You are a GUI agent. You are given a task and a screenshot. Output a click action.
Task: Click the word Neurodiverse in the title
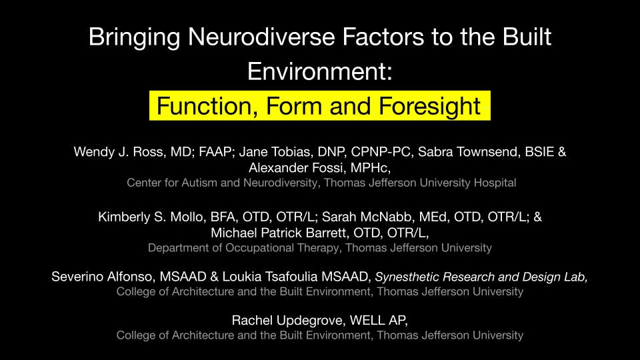pyautogui.click(x=261, y=37)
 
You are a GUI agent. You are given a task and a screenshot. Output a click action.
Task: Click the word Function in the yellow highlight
pyautogui.click(x=207, y=107)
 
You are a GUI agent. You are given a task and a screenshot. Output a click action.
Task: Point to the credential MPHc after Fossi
pyautogui.click(x=370, y=168)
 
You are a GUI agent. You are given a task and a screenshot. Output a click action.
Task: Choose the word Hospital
pyautogui.click(x=495, y=183)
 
